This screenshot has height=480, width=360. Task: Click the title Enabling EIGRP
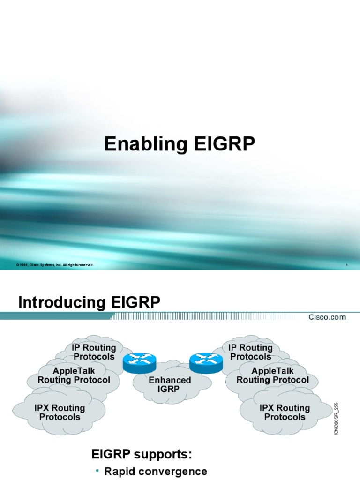[180, 144]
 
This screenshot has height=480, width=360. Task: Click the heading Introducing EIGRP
[89, 303]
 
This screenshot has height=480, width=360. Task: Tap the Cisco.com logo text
[327, 317]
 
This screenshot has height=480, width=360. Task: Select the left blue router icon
[139, 361]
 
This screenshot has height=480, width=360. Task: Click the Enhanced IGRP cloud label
[170, 385]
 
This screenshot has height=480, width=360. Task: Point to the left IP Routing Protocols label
[93, 352]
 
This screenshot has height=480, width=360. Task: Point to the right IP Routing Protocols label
[250, 352]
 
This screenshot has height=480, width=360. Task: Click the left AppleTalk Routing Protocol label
[74, 375]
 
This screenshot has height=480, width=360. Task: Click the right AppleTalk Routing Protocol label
[273, 375]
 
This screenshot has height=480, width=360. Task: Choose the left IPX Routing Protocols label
[60, 412]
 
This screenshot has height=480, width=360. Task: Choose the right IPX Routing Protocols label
[285, 412]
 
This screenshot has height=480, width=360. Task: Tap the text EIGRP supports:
[142, 454]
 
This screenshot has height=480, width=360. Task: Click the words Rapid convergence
[156, 472]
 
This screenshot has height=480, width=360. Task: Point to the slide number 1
[346, 266]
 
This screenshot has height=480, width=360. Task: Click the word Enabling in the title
[139, 144]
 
